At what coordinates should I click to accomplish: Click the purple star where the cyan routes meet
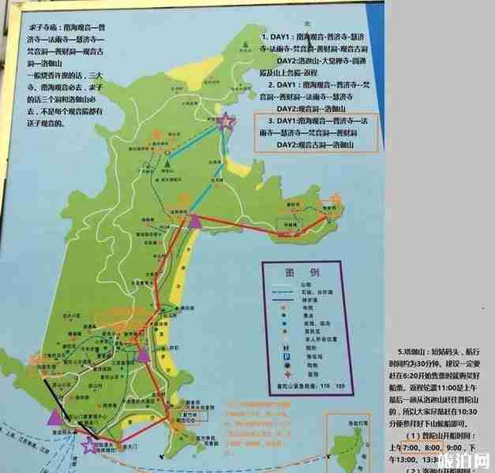tap(227, 121)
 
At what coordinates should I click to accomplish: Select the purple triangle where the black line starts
tap(54, 415)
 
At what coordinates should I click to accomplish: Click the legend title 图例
tap(303, 272)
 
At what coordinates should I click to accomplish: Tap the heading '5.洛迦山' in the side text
tap(414, 350)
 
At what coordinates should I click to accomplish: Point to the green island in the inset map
tap(352, 454)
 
